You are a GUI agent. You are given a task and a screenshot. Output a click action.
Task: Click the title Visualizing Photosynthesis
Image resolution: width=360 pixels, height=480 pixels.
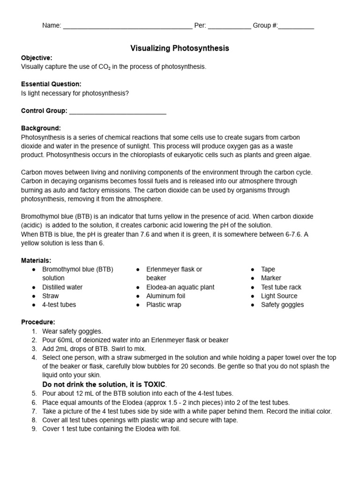click(x=180, y=48)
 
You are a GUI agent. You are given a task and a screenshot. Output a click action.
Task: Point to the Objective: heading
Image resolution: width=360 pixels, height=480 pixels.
click(x=37, y=58)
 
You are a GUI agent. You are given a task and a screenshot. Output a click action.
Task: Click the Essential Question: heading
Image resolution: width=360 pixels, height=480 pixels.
click(x=51, y=84)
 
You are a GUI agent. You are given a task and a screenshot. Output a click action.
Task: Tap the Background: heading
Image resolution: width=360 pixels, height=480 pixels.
click(x=41, y=128)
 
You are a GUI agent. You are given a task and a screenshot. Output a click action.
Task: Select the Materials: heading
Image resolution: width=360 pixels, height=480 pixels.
click(x=36, y=260)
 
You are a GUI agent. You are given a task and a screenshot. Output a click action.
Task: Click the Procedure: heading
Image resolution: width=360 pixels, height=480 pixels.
click(x=38, y=322)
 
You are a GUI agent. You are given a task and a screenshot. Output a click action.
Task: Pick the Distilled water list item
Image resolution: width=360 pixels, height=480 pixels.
click(x=62, y=287)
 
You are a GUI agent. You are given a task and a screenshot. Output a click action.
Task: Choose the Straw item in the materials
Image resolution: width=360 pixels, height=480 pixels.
click(x=51, y=296)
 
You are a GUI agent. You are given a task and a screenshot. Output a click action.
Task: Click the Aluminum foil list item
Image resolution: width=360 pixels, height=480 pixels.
click(x=165, y=296)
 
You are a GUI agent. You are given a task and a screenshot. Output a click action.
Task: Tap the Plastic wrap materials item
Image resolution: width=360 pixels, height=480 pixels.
click(x=164, y=305)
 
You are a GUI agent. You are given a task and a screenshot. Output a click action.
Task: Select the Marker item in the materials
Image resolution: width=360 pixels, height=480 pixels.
click(x=271, y=278)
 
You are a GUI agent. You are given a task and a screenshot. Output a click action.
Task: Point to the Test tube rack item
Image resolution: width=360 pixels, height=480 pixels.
click(x=281, y=287)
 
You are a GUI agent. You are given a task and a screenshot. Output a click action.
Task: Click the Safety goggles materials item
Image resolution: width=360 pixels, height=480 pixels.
click(x=282, y=305)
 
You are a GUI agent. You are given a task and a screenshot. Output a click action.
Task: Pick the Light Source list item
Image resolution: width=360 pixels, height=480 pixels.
click(x=279, y=296)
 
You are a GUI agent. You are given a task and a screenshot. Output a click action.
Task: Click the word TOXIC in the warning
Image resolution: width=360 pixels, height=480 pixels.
click(x=154, y=384)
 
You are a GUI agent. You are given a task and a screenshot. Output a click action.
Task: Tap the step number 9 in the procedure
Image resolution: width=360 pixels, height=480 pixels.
click(x=34, y=428)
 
